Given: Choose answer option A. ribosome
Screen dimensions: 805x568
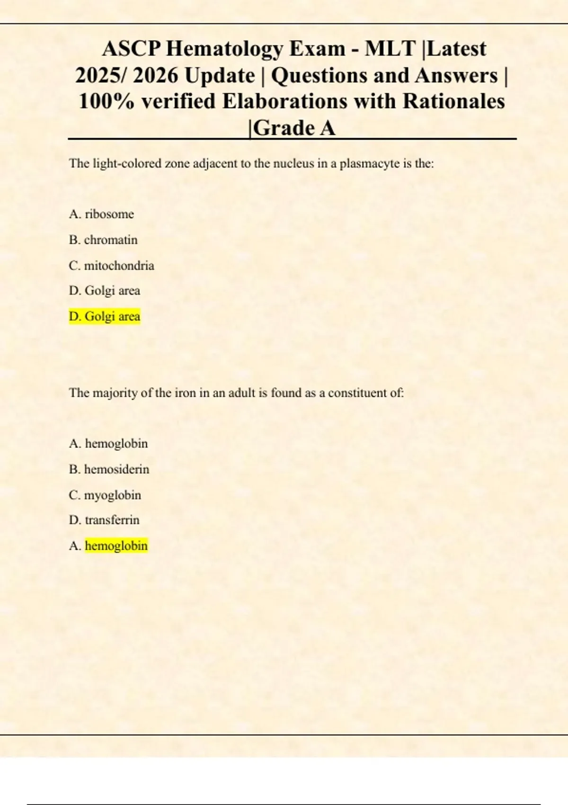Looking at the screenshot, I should [x=101, y=214].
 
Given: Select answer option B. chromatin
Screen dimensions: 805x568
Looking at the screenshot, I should [x=103, y=240].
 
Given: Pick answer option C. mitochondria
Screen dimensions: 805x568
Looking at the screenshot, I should [x=111, y=266].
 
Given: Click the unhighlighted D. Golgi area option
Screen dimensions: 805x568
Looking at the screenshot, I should [x=105, y=291].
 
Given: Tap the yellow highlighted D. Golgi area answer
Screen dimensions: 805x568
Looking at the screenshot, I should [x=105, y=316].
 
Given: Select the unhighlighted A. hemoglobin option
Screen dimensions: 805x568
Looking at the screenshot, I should [x=108, y=444].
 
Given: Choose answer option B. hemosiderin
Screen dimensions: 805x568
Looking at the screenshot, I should [x=109, y=469].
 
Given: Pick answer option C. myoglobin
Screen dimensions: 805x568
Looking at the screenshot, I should [x=105, y=495].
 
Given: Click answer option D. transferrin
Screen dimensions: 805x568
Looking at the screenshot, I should [x=104, y=520].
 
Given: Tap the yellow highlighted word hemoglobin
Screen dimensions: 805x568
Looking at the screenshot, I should [x=116, y=546].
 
